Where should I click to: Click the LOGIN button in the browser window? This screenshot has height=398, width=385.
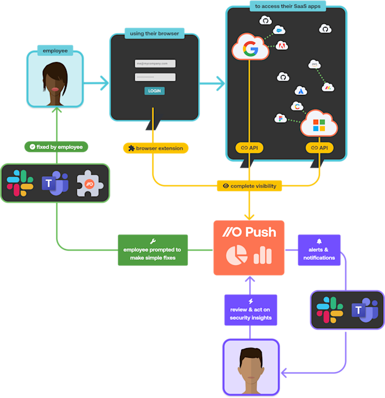coord(154,91)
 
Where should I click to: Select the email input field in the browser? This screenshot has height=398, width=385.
coord(155,63)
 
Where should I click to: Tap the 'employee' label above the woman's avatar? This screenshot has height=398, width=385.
coord(55,51)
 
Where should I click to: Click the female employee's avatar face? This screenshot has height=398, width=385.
coord(55,81)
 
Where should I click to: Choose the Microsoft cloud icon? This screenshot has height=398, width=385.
coord(319,126)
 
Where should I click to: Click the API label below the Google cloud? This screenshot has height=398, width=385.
coord(249,147)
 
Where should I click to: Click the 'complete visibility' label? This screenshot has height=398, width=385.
coord(249,186)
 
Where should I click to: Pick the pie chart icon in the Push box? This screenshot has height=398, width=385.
coord(236,256)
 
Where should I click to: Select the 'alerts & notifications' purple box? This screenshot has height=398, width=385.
coord(319,250)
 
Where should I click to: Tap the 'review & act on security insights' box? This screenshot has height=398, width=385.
coord(250,310)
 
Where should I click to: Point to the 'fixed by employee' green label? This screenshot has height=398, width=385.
coord(55,147)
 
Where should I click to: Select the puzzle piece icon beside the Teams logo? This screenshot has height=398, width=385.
coord(90,183)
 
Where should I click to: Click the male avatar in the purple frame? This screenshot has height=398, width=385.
coord(251,367)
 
